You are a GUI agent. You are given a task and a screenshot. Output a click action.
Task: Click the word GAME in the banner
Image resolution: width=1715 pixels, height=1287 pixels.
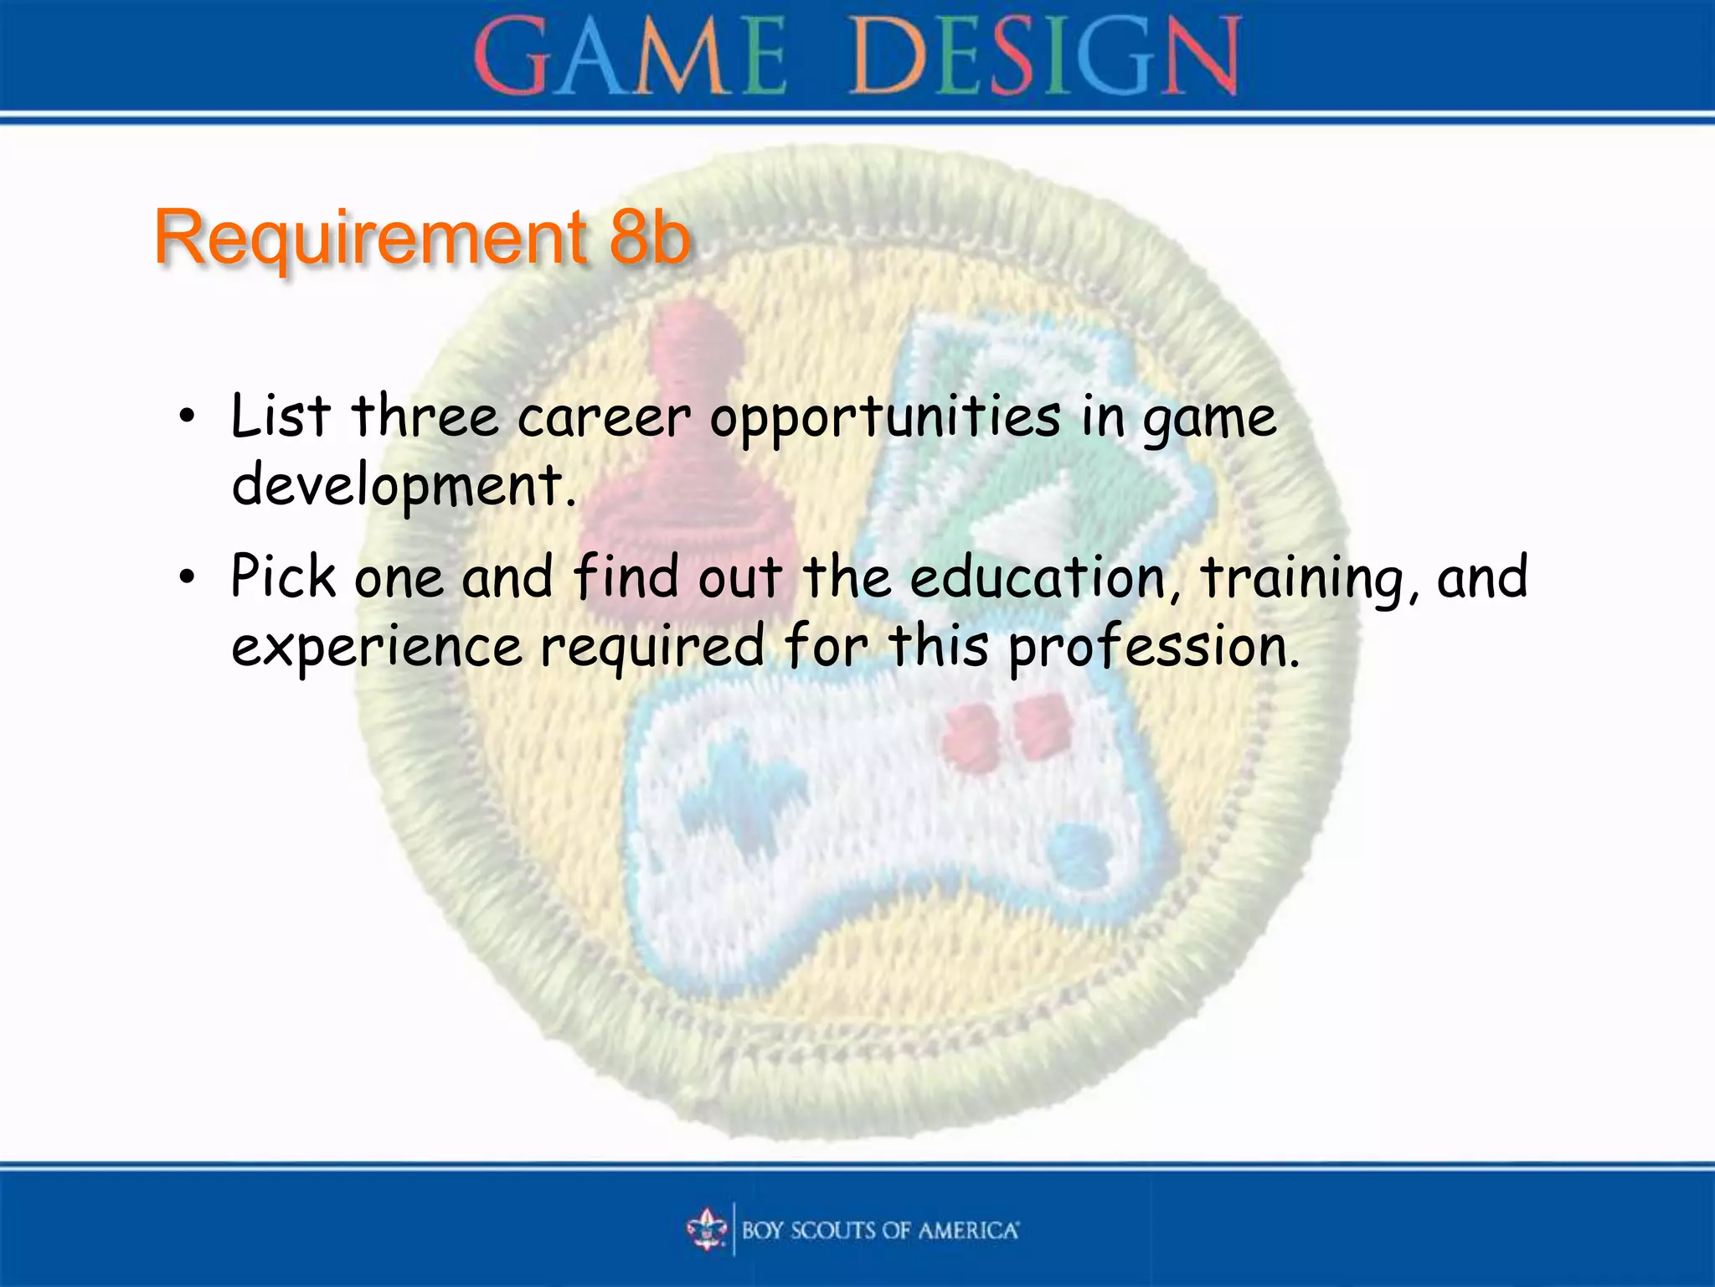coord(630,57)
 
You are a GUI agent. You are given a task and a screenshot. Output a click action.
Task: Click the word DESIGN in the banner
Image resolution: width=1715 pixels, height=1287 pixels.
coord(1043,57)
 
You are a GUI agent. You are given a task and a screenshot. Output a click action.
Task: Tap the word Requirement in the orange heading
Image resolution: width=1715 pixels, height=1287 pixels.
coord(370,238)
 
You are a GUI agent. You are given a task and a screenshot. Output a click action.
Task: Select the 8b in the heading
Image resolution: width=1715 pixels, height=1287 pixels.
coord(649,238)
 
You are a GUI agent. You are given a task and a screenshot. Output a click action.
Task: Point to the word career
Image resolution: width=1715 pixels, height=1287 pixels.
coord(605,417)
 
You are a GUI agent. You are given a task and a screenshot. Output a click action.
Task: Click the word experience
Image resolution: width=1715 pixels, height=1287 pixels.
coord(377,648)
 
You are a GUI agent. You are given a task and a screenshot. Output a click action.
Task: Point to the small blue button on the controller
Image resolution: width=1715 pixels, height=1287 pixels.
coord(1079,850)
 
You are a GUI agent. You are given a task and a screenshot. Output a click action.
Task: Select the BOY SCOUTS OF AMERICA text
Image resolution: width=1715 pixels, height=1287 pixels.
coord(879,1230)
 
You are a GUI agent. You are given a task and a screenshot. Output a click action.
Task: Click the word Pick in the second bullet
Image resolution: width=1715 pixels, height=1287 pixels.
coord(283,577)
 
